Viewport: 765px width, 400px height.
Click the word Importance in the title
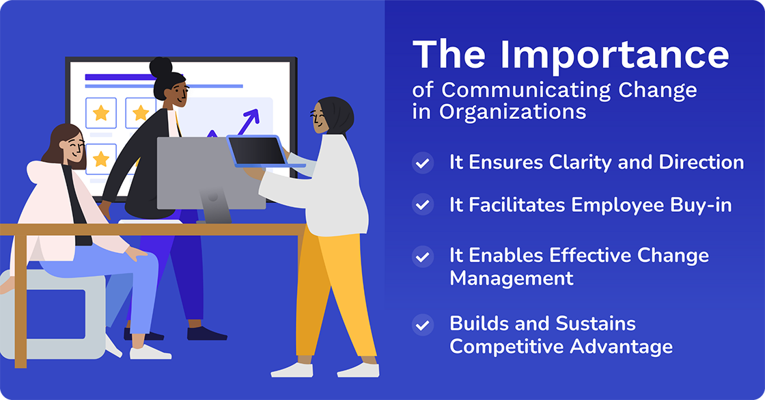coord(615,55)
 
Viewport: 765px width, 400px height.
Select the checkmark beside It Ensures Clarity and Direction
coord(423,163)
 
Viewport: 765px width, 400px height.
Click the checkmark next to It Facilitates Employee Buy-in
coord(423,204)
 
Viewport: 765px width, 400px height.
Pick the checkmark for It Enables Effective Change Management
coord(423,257)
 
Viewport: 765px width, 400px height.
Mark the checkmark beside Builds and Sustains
coord(423,325)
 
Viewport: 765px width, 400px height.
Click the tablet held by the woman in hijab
coord(258,151)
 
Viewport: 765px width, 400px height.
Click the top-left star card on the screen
coord(101,113)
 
